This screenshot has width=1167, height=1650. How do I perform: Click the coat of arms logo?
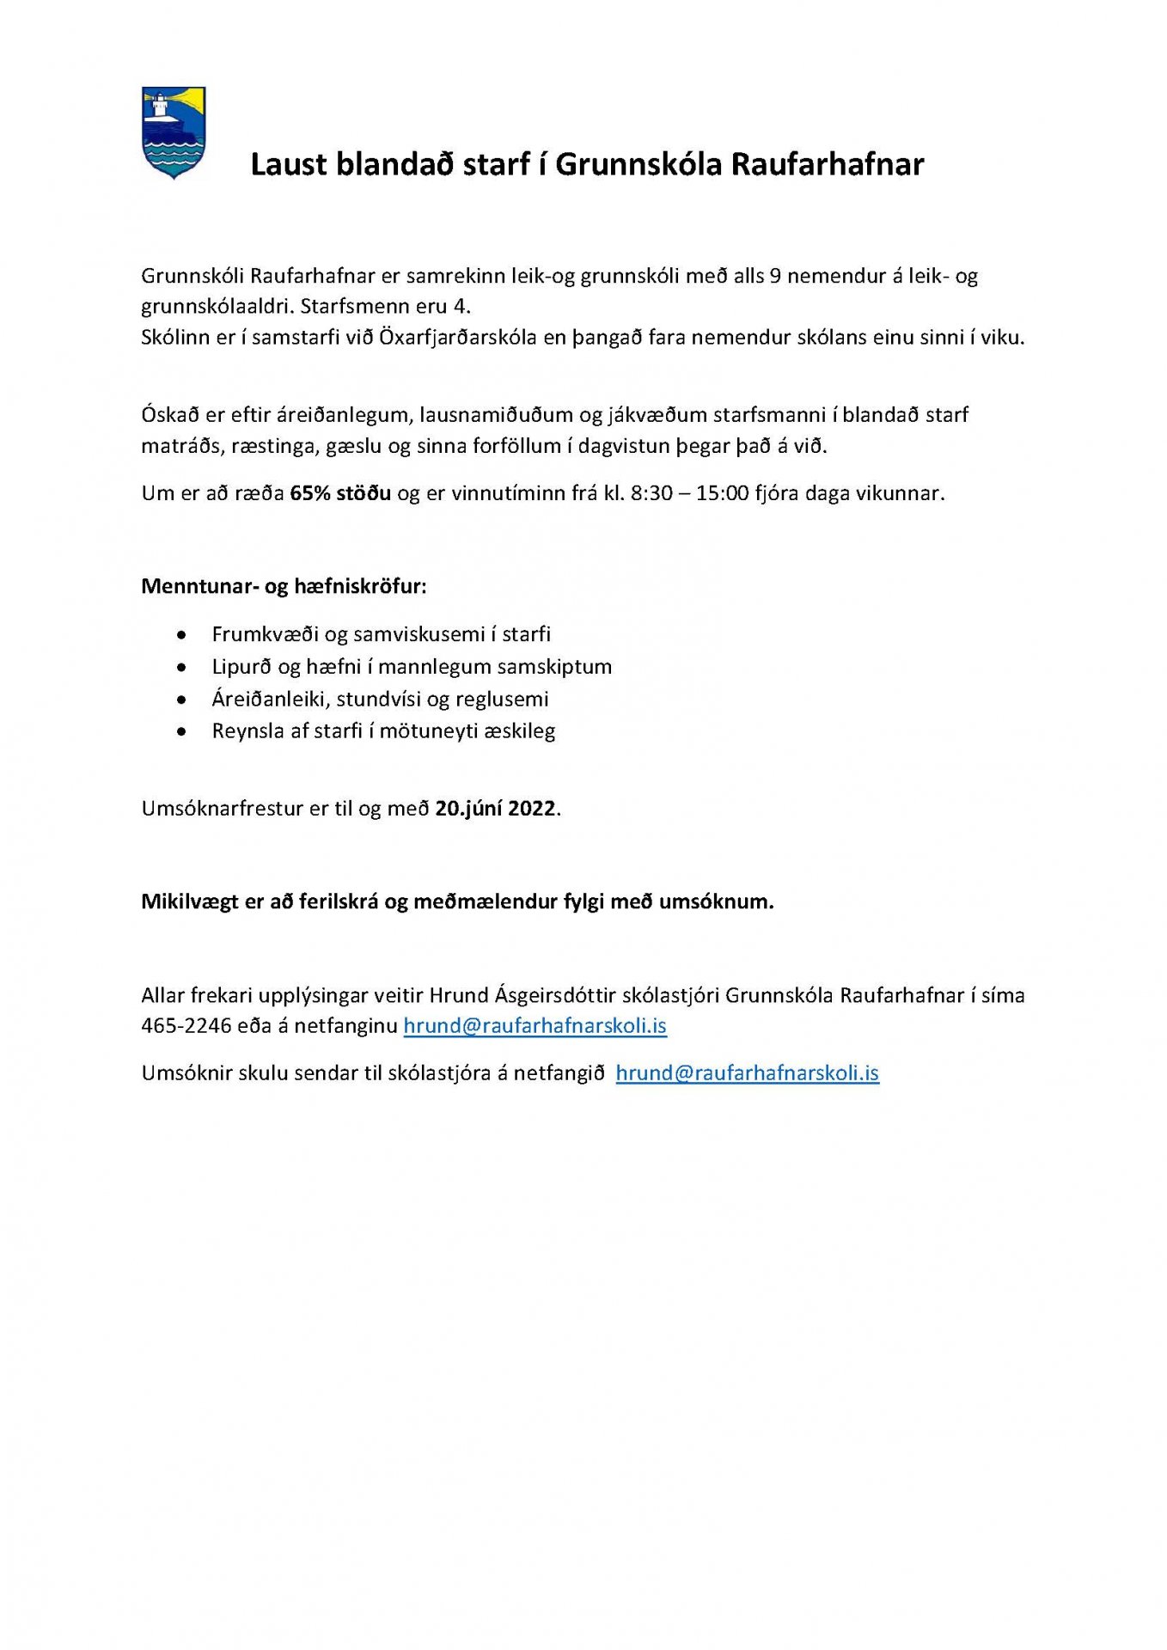(173, 131)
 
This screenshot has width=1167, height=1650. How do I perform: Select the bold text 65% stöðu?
(340, 493)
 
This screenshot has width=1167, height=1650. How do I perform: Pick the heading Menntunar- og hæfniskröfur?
(284, 586)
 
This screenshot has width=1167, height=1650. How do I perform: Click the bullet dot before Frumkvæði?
(181, 635)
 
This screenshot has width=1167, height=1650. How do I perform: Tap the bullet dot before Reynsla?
(181, 732)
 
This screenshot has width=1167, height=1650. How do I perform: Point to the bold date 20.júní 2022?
(495, 809)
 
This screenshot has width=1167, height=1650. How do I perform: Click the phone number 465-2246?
(186, 1025)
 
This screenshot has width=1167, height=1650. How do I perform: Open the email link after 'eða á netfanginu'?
(535, 1025)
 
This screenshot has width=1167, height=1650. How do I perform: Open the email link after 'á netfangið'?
(747, 1072)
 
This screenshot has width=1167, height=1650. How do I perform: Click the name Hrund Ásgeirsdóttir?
(522, 995)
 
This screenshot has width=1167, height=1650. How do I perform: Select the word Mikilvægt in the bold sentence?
(189, 901)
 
